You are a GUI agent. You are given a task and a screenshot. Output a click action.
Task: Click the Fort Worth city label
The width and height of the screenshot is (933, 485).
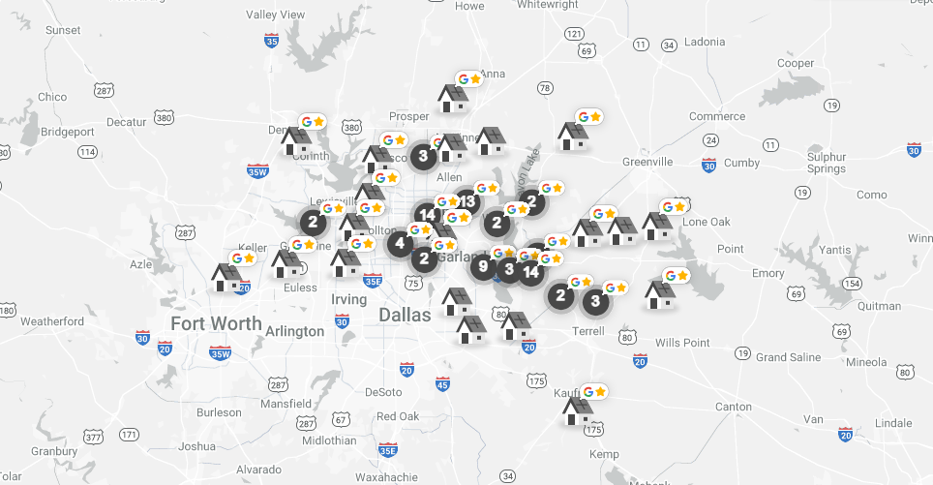[x=216, y=323]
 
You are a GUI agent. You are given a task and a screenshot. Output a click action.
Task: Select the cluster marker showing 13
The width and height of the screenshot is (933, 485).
[x=466, y=201]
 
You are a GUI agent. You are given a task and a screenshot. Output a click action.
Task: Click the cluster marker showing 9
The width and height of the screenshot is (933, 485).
[x=484, y=265]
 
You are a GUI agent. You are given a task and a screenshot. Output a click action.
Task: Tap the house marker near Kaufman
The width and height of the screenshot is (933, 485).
[x=578, y=410]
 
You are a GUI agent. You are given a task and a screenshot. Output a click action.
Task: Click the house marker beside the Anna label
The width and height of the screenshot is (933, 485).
[x=452, y=98]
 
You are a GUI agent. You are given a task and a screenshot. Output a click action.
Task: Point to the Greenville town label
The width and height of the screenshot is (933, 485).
[x=647, y=161]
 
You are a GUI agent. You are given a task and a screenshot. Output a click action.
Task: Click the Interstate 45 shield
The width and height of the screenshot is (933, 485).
[x=442, y=385]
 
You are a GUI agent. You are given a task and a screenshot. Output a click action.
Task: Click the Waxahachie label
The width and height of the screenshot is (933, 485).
[x=386, y=476]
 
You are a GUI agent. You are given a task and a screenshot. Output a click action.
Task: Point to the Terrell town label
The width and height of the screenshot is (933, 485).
[x=587, y=330]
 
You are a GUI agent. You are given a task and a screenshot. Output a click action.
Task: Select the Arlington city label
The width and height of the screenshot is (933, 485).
[x=295, y=331]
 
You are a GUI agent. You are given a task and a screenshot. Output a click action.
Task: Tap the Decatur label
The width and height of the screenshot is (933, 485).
[x=125, y=122]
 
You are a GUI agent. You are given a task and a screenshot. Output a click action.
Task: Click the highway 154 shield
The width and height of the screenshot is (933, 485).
[x=852, y=283]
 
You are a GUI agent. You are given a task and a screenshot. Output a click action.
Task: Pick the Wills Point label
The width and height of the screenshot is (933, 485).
[x=682, y=343]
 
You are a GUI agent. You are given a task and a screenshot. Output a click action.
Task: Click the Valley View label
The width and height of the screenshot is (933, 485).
[x=276, y=15]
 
